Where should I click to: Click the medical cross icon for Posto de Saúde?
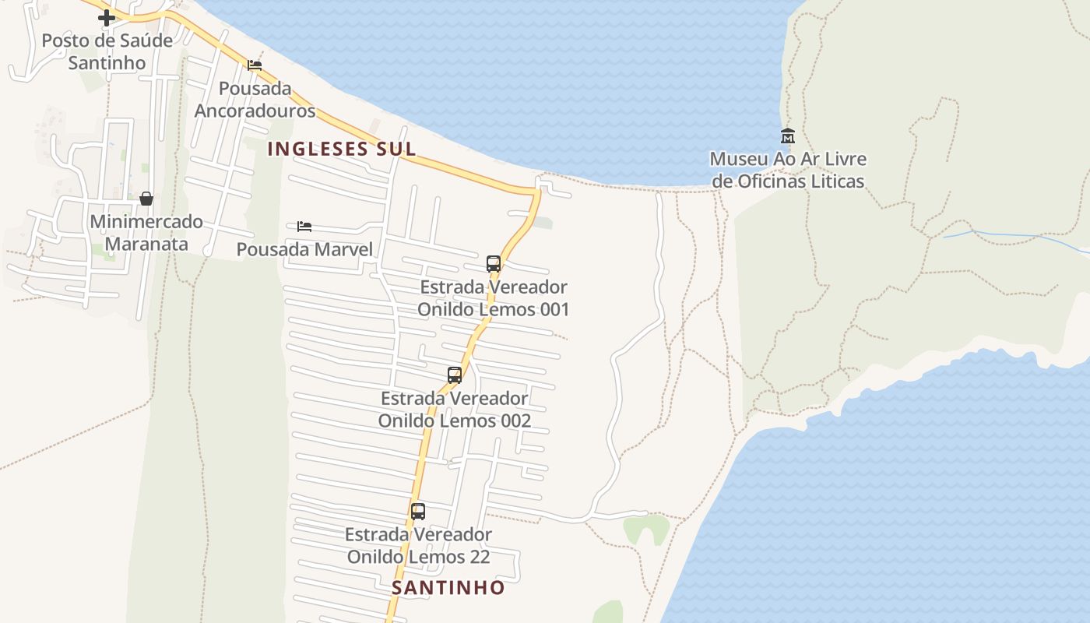click(107, 17)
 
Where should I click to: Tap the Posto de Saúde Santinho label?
click(107, 51)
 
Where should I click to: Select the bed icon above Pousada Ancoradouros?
click(255, 65)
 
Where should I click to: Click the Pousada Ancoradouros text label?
click(255, 100)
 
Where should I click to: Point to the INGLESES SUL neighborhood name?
click(342, 149)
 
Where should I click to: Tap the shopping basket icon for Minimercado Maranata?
click(146, 199)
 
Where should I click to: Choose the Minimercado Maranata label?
click(146, 233)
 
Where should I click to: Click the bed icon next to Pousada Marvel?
click(304, 227)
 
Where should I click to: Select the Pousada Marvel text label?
click(304, 249)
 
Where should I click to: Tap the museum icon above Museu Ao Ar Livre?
click(787, 136)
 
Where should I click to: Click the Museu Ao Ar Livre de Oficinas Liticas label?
click(787, 171)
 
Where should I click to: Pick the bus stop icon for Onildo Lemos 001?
click(494, 264)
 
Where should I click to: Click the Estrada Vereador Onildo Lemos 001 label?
click(494, 298)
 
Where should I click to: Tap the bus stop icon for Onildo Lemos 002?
click(455, 375)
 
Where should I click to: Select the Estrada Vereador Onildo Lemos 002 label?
click(455, 410)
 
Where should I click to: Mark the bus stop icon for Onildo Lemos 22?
click(418, 512)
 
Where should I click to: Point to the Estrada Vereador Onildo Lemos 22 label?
click(418, 546)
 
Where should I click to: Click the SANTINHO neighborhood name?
click(448, 588)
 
